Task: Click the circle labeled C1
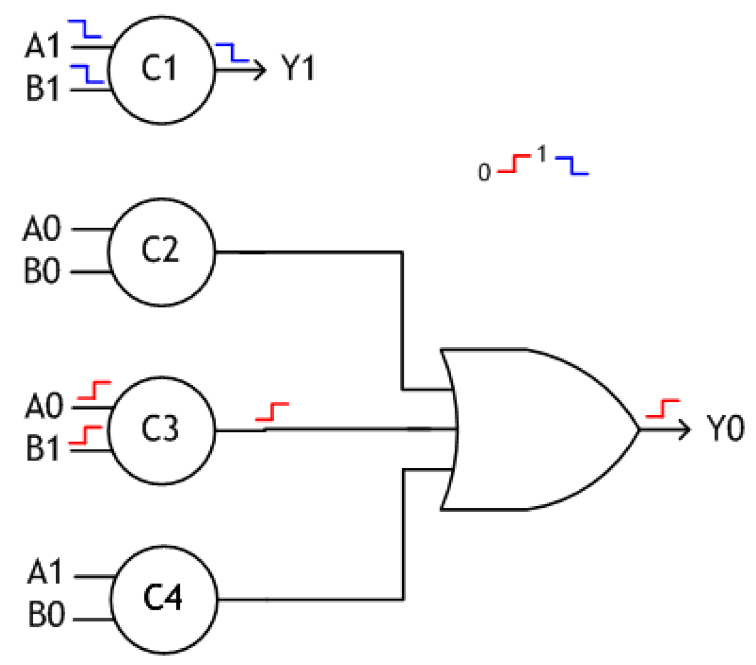point(161,69)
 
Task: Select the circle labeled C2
point(161,251)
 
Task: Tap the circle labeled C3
point(161,430)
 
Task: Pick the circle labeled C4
point(163,599)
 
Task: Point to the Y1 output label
point(298,69)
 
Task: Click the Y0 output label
point(725,429)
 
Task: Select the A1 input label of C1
point(42,46)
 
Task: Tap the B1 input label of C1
point(42,89)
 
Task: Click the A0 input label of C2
point(41,229)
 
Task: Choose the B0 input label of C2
point(41,271)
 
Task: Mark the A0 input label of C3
point(43,406)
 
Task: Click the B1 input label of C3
point(42,449)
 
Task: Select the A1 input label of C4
point(45,572)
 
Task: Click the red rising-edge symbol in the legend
point(514,164)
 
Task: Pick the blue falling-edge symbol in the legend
point(572,165)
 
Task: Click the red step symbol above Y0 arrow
point(662,409)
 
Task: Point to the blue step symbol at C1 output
point(232,52)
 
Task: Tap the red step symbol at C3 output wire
point(272,411)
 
